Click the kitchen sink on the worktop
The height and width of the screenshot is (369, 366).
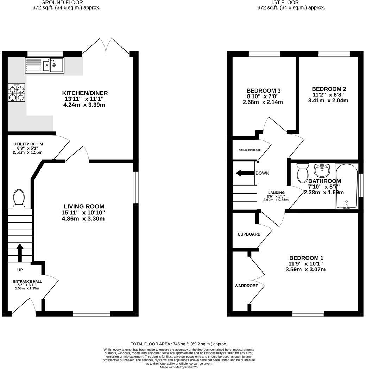[x=44, y=65]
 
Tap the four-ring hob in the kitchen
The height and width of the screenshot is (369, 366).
[x=17, y=93]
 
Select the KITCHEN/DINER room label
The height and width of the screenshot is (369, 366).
[x=85, y=93]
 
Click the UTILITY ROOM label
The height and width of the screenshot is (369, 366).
[x=28, y=144]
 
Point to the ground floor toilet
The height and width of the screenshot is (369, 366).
[x=19, y=199]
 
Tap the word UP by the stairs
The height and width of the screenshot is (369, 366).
[x=20, y=270]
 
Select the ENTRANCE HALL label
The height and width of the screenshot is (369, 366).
[x=27, y=281]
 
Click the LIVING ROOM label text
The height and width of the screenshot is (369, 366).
[x=84, y=206]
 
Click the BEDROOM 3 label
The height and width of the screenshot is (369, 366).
[x=263, y=90]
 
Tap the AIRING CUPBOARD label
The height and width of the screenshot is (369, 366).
[x=250, y=150]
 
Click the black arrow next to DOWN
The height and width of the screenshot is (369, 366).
[x=245, y=173]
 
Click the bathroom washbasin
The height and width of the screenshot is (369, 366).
[x=322, y=170]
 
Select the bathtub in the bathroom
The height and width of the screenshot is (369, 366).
[x=347, y=186]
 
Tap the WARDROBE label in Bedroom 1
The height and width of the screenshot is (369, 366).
[x=246, y=286]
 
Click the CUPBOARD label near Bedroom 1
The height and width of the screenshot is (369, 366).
[x=249, y=234]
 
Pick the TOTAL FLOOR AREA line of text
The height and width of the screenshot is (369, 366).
[x=179, y=344]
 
